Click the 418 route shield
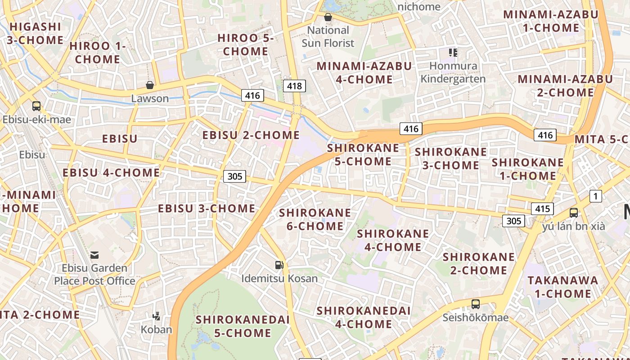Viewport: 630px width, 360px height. (294, 85)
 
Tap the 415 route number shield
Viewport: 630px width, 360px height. (542, 209)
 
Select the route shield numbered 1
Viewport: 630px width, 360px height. (595, 196)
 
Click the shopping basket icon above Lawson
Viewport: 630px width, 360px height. (150, 85)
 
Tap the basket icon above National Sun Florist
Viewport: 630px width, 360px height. (328, 18)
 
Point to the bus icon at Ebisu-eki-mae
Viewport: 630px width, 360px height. (36, 106)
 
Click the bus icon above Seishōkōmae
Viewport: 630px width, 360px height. (475, 304)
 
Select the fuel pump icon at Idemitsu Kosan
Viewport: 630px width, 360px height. (279, 265)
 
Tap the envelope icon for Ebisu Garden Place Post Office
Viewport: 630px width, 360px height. (94, 255)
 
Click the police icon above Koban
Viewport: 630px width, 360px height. (157, 316)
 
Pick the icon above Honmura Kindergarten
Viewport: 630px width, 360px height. (453, 53)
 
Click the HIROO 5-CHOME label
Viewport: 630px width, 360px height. (245, 45)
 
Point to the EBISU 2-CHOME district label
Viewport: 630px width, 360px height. (251, 135)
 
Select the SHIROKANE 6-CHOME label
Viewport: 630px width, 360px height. (315, 219)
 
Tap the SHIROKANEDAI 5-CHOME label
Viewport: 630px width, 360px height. (243, 326)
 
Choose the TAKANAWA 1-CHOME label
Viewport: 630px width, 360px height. (562, 287)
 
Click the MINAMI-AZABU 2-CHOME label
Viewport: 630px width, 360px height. (565, 86)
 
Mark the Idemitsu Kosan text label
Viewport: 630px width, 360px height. (279, 279)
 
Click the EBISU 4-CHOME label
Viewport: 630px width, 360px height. (111, 173)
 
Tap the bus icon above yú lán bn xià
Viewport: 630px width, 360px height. (574, 213)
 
